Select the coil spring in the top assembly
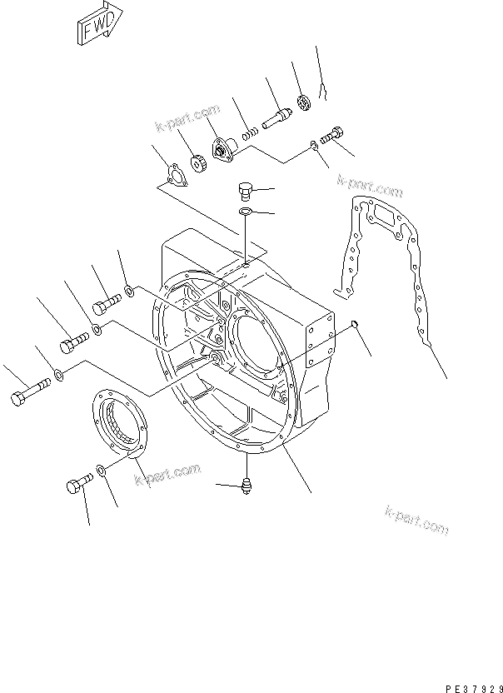point(247,132)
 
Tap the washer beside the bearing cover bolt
point(101,472)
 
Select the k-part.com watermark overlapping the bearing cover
point(167,474)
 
